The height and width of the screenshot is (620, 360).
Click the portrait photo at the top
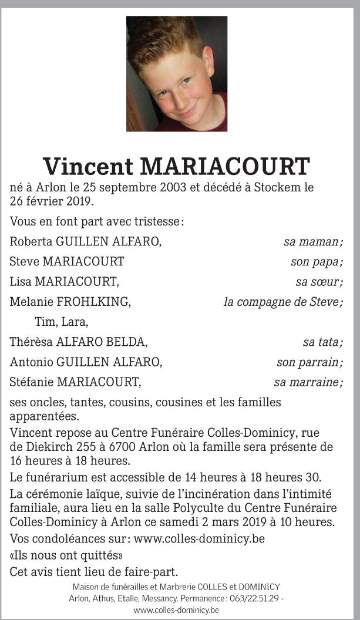tap(176, 73)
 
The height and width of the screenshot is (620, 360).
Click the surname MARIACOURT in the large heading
tap(225, 167)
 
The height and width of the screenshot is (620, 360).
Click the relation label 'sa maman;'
tap(313, 241)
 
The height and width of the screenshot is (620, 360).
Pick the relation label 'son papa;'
tap(317, 261)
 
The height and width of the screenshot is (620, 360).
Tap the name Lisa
tap(21, 282)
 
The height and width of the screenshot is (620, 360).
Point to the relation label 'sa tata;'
tap(322, 342)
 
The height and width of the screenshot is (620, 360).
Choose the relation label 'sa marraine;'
tap(308, 382)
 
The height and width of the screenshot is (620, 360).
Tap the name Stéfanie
tap(32, 382)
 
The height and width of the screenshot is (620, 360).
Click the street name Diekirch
tap(50, 446)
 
